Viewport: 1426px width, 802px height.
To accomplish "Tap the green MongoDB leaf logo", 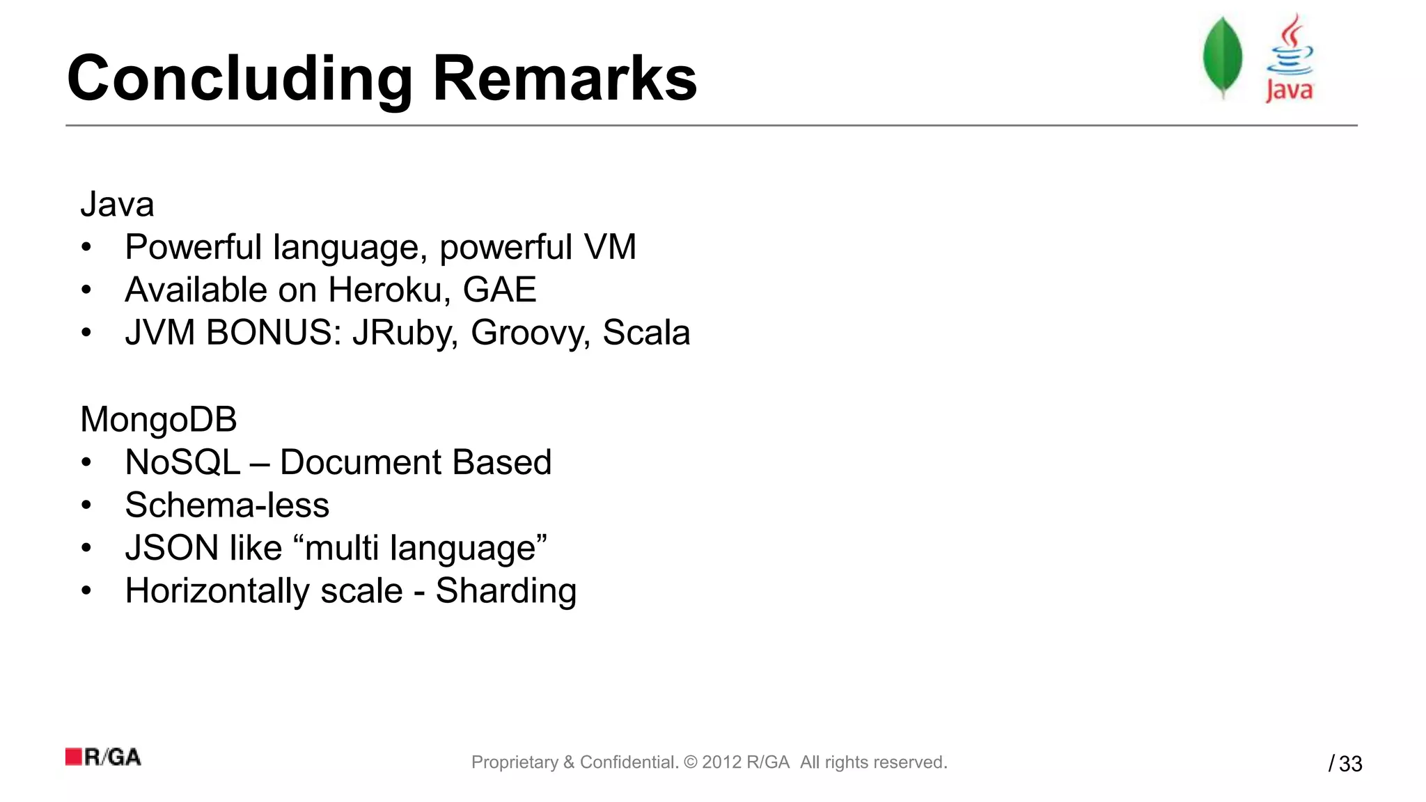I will [1222, 57].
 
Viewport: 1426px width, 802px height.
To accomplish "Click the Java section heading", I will [117, 205].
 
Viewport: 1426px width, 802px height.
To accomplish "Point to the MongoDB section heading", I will [159, 420].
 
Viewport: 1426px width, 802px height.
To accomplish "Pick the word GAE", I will [499, 290].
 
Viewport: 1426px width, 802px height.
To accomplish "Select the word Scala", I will [646, 333].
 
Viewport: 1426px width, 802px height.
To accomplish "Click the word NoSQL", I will [182, 462].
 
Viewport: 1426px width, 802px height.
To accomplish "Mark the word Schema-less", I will [227, 505].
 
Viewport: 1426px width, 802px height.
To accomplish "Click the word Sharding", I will [506, 592].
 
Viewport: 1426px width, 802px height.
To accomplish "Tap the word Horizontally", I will [217, 591].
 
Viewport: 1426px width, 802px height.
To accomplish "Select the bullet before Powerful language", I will [86, 248].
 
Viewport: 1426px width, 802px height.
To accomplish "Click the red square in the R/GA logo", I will [74, 757].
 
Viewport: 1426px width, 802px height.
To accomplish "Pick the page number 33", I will [1351, 764].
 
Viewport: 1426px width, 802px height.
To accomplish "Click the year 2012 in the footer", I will [721, 762].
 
